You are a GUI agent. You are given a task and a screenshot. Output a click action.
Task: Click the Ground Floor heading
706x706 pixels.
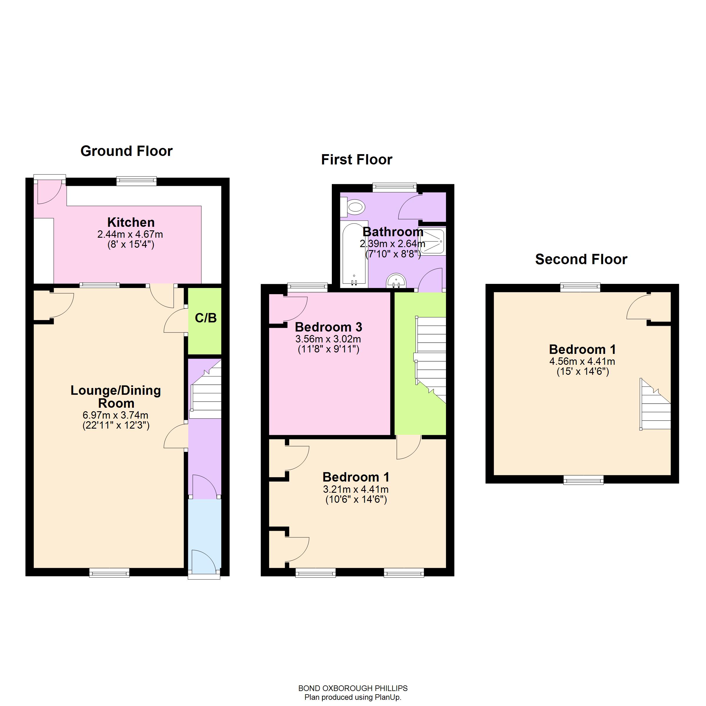126,151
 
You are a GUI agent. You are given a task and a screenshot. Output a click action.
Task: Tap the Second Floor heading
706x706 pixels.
581,259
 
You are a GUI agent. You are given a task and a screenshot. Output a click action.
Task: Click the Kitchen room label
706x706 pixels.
131,222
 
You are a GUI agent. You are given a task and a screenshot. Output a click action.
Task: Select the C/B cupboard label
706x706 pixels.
206,318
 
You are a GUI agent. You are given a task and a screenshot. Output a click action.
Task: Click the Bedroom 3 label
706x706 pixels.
328,327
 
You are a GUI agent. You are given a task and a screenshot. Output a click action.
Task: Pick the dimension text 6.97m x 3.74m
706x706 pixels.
116,415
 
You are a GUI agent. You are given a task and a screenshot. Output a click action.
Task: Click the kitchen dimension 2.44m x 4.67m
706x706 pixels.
130,234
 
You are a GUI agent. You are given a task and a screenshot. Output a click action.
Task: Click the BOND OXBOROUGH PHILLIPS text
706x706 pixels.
353,688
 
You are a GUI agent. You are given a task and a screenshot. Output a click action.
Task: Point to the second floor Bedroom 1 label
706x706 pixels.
582,349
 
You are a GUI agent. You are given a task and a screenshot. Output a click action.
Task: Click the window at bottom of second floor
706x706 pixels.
584,480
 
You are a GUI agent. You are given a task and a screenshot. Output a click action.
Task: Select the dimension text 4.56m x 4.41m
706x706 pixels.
582,362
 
